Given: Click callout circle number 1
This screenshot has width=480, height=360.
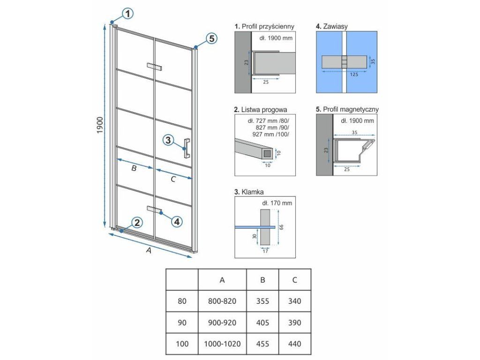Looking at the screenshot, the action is pyautogui.click(x=127, y=14).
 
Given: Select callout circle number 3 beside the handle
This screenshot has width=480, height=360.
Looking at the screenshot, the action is pyautogui.click(x=168, y=140).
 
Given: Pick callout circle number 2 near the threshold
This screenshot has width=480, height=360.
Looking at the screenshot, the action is pyautogui.click(x=137, y=222).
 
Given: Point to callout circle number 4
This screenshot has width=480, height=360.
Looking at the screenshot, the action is pyautogui.click(x=177, y=221).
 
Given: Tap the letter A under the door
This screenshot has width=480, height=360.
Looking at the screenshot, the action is pyautogui.click(x=149, y=250).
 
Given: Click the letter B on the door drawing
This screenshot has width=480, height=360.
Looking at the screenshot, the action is pyautogui.click(x=134, y=168).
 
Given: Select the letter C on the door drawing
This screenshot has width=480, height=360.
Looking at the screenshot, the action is pyautogui.click(x=173, y=179).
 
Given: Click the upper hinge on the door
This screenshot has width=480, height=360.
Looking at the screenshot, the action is pyautogui.click(x=154, y=67).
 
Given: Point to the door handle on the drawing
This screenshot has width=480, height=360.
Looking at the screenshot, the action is pyautogui.click(x=187, y=149).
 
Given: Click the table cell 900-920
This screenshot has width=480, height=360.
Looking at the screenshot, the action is pyautogui.click(x=222, y=322).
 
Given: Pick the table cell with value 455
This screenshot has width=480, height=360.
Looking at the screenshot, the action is pyautogui.click(x=262, y=344).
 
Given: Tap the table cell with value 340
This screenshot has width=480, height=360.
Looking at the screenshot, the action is pyautogui.click(x=294, y=301).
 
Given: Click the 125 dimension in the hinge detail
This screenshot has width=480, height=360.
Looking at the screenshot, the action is pyautogui.click(x=354, y=75).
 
